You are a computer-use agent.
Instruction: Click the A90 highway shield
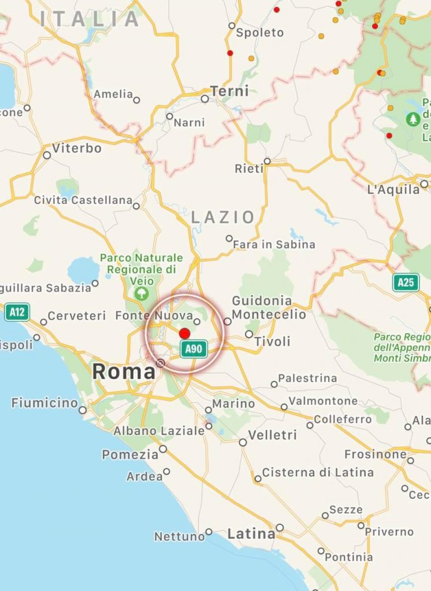click(194, 349)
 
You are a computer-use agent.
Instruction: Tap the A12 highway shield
click(17, 312)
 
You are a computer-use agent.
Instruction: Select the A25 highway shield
click(406, 282)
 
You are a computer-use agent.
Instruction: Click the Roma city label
click(124, 371)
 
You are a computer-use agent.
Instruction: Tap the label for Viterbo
click(76, 148)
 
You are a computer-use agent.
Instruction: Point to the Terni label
click(229, 91)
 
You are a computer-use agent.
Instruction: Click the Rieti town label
click(249, 169)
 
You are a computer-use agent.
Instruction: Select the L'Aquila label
click(393, 189)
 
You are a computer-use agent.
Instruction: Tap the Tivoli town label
click(272, 341)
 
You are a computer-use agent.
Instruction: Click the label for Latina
click(251, 534)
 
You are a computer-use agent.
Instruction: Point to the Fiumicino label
click(44, 403)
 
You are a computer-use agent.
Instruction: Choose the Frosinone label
click(376, 454)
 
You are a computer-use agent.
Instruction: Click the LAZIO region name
click(223, 217)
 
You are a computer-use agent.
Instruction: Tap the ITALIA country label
click(90, 19)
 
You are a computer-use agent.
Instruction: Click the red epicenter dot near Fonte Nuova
click(185, 333)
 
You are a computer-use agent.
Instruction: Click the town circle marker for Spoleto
click(232, 25)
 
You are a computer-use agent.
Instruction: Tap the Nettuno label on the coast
click(179, 537)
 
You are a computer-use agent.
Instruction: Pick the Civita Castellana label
click(83, 200)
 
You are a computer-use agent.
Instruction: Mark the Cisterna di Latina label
click(318, 472)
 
